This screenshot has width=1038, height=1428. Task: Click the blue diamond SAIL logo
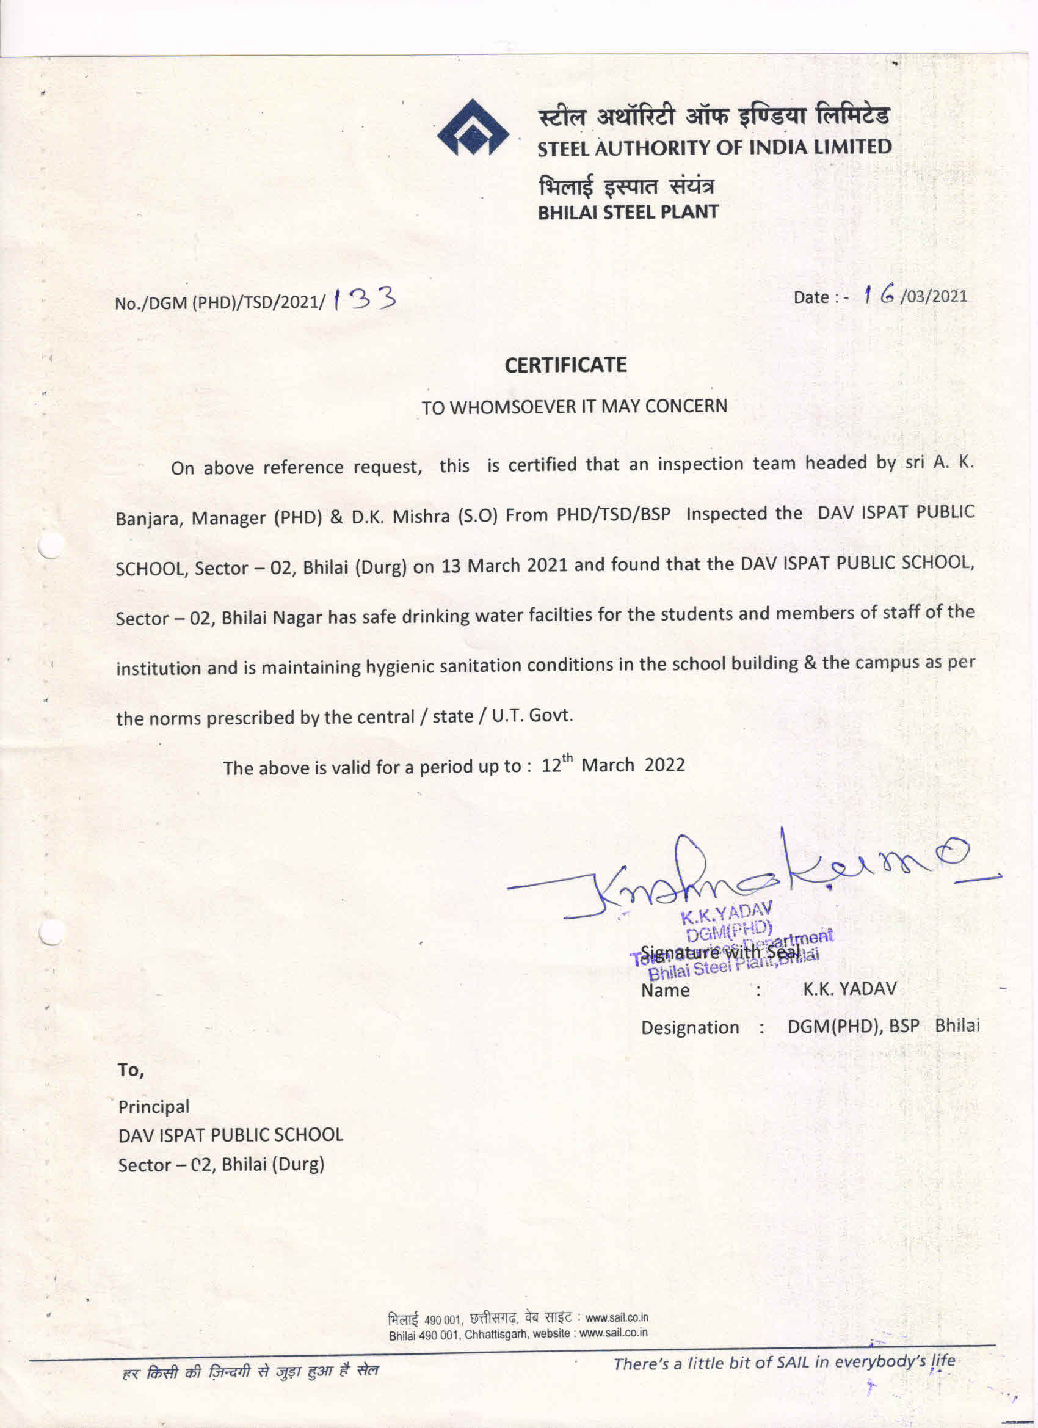pos(473,128)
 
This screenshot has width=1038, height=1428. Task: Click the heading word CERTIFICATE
pos(565,365)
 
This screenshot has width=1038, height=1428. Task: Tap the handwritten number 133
pos(365,299)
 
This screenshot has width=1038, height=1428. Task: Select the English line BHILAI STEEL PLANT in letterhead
pos(628,212)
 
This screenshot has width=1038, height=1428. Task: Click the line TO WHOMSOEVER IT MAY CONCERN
pos(574,407)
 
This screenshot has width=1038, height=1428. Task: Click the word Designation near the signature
pos(690,1027)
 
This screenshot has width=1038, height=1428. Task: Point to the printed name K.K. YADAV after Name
pos(849,988)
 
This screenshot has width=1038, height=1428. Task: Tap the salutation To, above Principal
pos(131,1070)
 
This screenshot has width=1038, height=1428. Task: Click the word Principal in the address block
pos(154,1106)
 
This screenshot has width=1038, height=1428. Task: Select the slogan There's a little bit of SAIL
pos(784,1363)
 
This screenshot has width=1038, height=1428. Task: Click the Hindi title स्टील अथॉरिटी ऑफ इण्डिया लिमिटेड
pos(713,117)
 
